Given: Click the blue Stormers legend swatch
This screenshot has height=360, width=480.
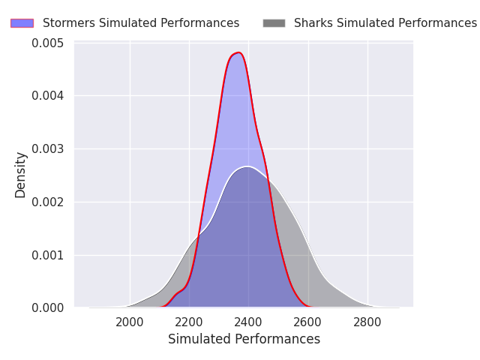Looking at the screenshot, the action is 22,23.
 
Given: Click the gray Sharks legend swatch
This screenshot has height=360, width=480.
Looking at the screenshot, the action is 274,23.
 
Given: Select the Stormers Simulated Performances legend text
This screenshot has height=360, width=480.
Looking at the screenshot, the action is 141,23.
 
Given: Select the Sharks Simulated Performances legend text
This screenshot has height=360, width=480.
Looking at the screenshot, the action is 385,23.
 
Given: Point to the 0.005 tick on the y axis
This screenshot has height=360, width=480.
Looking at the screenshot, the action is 48,43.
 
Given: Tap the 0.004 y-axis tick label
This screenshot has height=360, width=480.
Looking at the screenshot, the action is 48,96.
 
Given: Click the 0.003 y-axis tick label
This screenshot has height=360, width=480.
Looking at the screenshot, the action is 48,149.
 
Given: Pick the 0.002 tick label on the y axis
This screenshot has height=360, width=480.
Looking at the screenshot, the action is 48,202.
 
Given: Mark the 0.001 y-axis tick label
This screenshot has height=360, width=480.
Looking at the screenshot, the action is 48,255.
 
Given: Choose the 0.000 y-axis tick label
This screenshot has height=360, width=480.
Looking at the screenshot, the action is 48,308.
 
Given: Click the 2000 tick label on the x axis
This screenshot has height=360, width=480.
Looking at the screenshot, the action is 130,322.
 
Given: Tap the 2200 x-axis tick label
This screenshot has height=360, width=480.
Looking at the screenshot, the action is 189,322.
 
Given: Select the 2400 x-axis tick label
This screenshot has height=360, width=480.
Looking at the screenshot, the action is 248,322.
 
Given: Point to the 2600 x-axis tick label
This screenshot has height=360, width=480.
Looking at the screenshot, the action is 307,322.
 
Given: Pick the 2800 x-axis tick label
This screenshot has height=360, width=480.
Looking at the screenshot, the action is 367,322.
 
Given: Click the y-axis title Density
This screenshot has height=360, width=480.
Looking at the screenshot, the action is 20,175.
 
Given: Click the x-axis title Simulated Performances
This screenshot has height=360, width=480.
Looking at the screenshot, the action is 244,340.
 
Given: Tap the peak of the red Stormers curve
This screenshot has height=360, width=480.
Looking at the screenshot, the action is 238,52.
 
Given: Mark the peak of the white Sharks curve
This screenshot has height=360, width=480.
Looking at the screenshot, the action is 247,166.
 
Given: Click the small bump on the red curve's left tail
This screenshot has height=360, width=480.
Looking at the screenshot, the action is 178,292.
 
